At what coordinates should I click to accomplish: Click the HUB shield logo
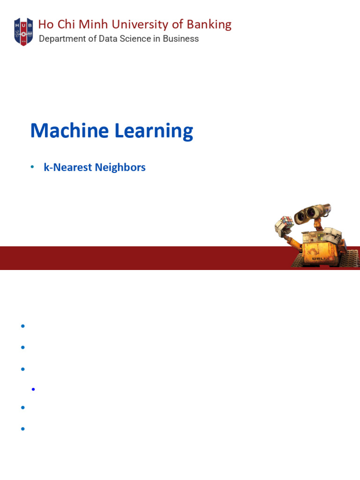[x=23, y=31]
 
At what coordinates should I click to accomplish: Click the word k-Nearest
[x=67, y=167]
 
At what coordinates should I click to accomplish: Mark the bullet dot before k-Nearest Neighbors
[x=32, y=167]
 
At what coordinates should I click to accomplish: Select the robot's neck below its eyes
[x=319, y=226]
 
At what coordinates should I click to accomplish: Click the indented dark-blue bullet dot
[x=33, y=389]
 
